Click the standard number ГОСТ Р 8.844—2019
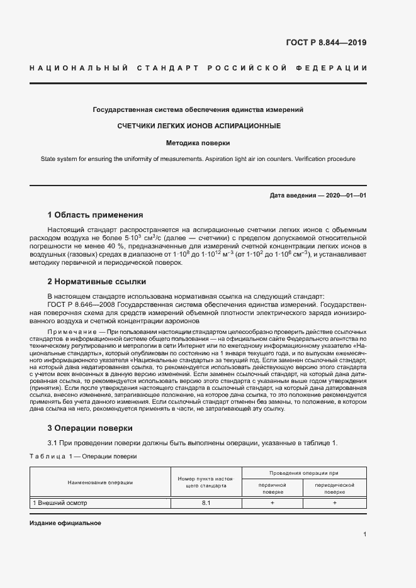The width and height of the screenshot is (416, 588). pos(326,43)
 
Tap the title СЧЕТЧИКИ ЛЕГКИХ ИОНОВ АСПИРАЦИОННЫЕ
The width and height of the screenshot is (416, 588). pos(198,126)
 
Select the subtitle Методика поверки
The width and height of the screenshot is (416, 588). pos(198,143)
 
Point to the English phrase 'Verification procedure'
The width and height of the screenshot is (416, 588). pos(322,159)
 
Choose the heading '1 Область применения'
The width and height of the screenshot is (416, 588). pos(95,214)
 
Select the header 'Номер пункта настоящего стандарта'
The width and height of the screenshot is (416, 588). pos(206,482)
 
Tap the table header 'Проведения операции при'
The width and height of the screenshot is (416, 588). pos(304,472)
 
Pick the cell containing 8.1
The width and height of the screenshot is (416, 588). pos(206,503)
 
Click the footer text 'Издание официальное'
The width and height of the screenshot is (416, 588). pos(65,523)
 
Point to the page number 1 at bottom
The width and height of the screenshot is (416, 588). pos(364,535)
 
